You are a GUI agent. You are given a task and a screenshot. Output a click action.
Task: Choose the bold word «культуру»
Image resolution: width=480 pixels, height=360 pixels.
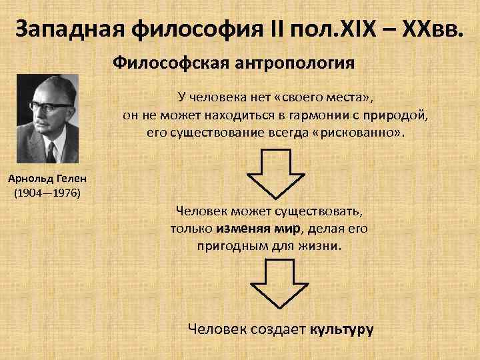341,329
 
